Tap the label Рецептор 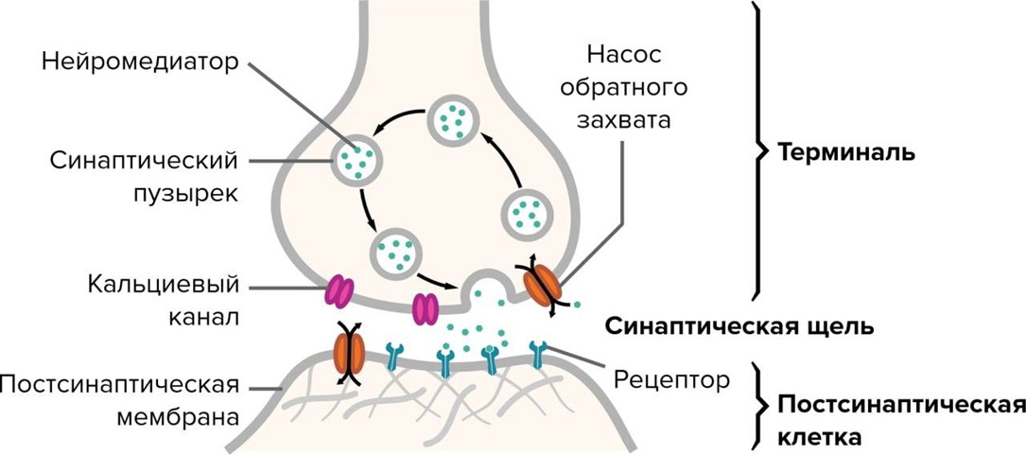pyautogui.click(x=672, y=380)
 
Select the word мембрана pyautogui.click(x=181, y=415)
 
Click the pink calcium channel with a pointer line pyautogui.click(x=339, y=289)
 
